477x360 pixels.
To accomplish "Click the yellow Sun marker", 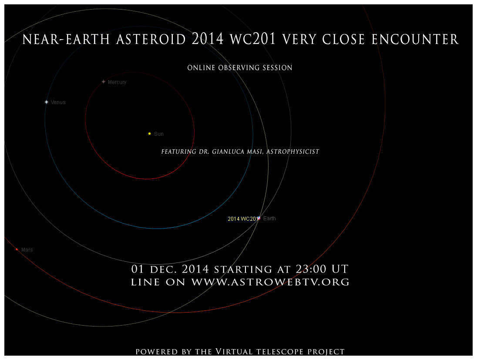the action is click(149, 134).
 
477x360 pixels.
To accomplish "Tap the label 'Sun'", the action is click(159, 134).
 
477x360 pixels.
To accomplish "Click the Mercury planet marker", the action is click(104, 81).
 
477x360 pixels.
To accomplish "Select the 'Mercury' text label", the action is click(117, 82).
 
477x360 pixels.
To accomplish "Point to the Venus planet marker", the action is click(47, 102).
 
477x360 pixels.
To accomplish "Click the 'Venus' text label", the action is click(58, 102).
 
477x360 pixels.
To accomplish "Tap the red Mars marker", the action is click(17, 249).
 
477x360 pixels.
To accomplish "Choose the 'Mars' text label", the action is click(27, 250).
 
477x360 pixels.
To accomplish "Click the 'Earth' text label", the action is click(269, 219).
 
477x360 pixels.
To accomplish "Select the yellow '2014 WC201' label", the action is click(243, 219).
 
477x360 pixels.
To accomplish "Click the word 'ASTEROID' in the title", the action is click(151, 40).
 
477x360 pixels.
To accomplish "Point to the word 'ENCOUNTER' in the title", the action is click(415, 40).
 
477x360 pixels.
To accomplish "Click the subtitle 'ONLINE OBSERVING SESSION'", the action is click(240, 67).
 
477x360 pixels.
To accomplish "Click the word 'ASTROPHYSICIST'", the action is click(292, 151).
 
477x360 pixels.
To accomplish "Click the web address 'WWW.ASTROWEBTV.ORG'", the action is click(270, 282).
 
